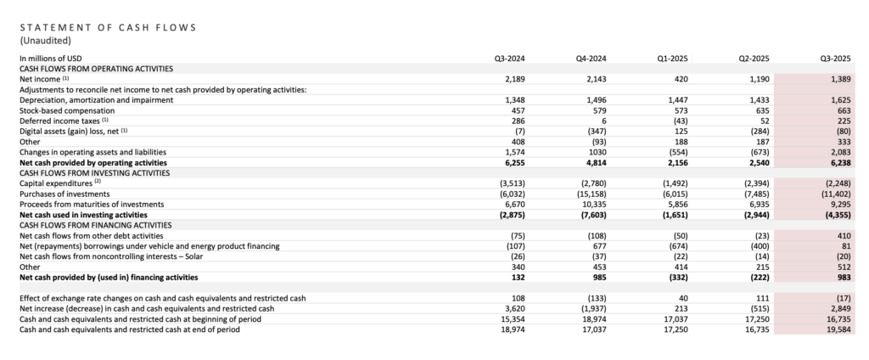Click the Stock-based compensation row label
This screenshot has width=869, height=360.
tap(64, 110)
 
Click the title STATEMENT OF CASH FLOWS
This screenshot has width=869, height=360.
tap(108, 27)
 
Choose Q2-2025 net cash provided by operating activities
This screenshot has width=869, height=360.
tap(757, 162)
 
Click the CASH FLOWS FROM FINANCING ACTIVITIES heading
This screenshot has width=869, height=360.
tap(97, 225)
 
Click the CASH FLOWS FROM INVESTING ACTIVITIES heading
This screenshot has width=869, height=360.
tap(96, 172)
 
